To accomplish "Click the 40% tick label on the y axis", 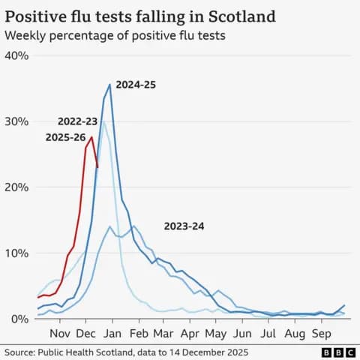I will click(x=16, y=55).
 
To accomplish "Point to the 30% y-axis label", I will click(x=16, y=121).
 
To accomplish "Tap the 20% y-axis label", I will click(x=16, y=187).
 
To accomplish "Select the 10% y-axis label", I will click(x=16, y=253).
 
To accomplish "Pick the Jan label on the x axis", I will click(x=112, y=334).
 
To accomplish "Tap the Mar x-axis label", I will click(x=163, y=334).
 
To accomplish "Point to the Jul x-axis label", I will click(x=268, y=334).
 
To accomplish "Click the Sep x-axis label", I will click(x=322, y=334).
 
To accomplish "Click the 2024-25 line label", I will click(x=136, y=85).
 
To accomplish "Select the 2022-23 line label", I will click(x=78, y=121).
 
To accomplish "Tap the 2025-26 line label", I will click(x=66, y=137).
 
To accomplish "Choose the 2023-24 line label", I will click(x=184, y=226).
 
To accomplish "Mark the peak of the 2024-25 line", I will click(x=110, y=84).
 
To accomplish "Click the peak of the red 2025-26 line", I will click(x=91, y=136).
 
